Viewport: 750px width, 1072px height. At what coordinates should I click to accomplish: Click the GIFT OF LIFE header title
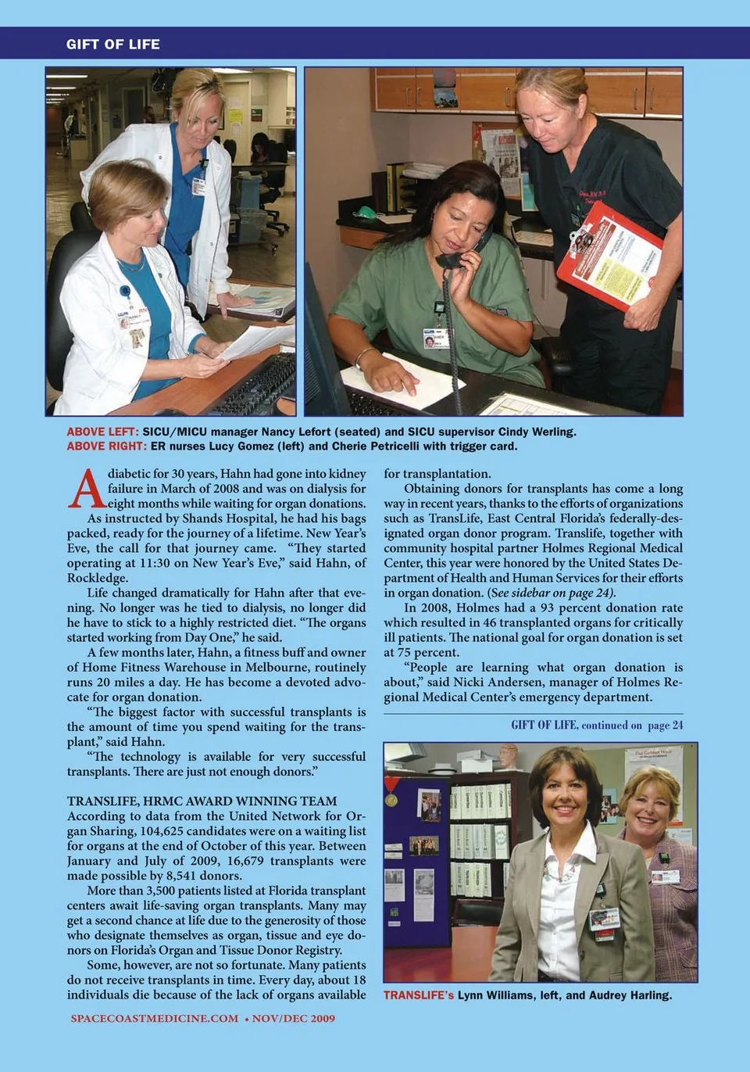112,45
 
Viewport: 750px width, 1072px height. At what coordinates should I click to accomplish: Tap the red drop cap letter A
86,489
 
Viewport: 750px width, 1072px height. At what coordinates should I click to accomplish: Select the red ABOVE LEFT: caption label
102,432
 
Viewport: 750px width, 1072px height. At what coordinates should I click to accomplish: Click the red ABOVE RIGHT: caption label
106,446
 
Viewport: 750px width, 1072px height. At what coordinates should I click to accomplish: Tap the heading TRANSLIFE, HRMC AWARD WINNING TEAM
202,801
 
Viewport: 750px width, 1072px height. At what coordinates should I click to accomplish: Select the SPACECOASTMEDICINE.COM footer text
154,1018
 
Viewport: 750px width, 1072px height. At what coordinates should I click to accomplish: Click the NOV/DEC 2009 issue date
293,1018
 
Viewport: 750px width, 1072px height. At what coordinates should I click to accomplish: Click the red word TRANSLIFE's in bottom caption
418,995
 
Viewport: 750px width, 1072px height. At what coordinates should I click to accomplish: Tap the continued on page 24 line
597,725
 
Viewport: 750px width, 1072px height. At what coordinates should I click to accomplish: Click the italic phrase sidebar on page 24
560,593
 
